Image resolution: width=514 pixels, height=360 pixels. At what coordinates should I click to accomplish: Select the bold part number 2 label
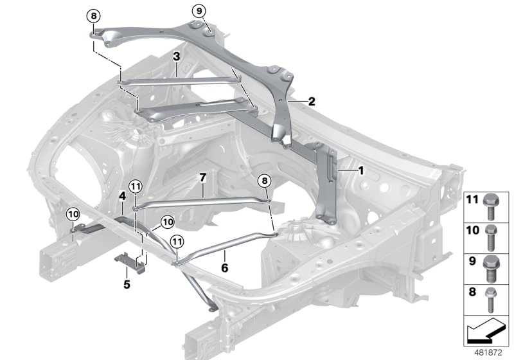312,101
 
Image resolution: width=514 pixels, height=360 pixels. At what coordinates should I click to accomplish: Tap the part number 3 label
175,57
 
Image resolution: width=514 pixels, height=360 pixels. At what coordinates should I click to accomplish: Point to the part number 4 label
122,194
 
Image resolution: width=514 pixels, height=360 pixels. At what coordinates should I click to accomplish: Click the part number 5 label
127,283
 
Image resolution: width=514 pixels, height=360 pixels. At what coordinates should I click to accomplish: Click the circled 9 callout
199,11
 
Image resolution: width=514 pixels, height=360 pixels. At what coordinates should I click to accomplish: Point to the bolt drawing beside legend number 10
492,235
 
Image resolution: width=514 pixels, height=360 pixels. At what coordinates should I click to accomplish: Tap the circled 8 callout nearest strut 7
264,183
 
